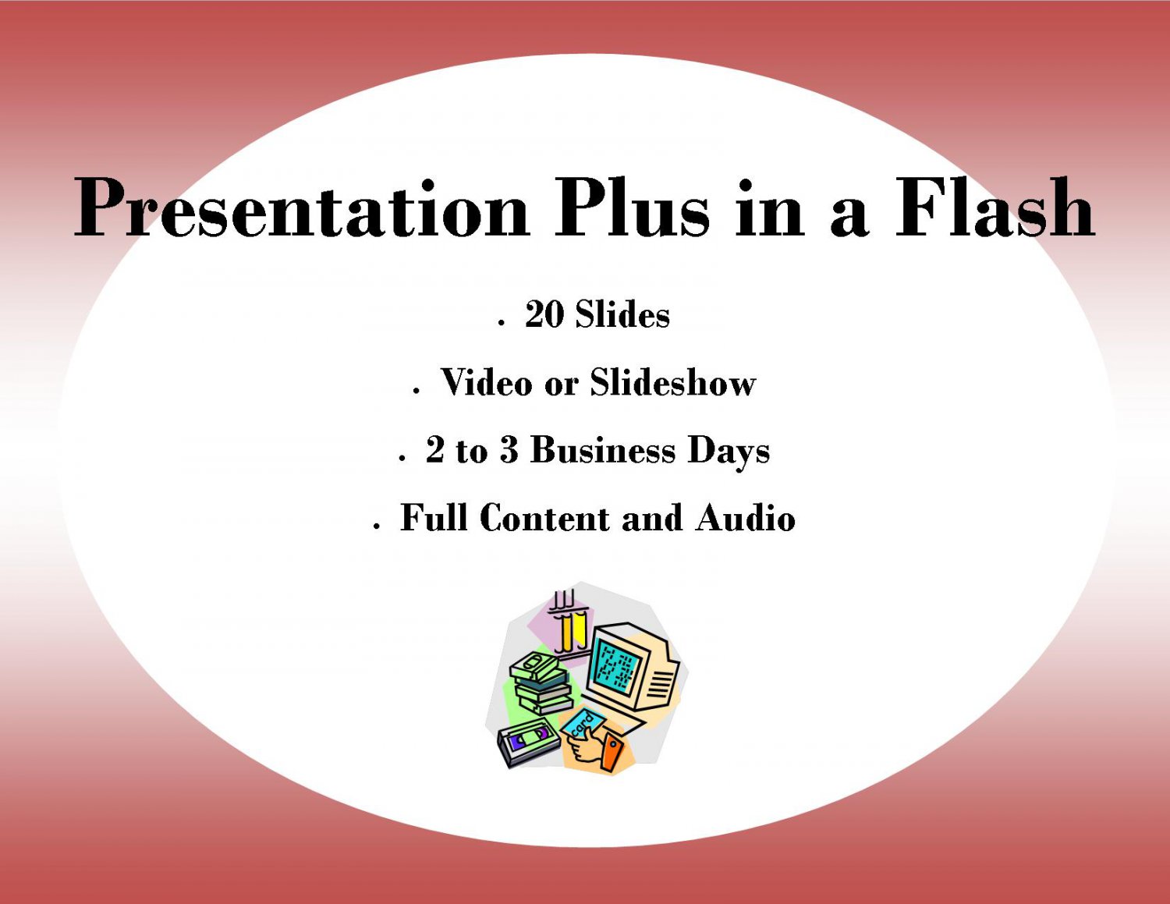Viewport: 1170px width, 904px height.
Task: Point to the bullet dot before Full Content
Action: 377,526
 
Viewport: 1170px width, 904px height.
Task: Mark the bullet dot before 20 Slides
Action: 502,323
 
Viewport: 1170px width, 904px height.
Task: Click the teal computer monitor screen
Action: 618,665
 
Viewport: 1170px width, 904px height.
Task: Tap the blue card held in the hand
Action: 583,724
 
